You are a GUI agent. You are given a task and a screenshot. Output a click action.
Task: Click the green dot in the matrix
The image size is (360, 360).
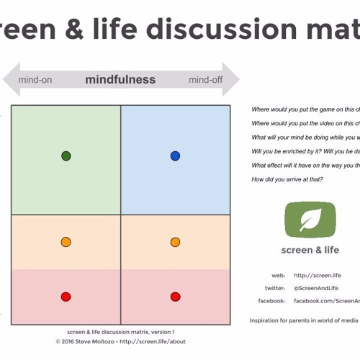click(66, 156)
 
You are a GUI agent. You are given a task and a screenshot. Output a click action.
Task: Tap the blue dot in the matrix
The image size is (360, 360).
click(175, 156)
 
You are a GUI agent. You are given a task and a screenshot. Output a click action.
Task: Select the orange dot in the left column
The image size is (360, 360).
click(66, 243)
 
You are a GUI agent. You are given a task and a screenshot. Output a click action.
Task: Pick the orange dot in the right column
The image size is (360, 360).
click(175, 243)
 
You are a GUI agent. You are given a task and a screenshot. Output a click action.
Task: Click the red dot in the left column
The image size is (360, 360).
click(66, 297)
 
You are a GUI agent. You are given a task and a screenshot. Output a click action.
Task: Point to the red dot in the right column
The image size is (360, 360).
click(175, 297)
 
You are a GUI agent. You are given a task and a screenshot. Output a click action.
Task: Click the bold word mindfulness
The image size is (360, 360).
click(120, 80)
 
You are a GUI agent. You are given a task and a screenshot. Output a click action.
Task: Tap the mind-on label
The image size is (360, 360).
click(35, 80)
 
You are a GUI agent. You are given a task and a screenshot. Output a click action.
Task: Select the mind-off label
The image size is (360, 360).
click(205, 80)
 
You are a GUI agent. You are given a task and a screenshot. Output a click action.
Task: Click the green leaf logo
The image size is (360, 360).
click(310, 220)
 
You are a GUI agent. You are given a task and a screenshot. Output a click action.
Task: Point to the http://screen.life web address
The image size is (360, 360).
click(317, 275)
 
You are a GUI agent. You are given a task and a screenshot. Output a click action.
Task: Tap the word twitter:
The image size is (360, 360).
click(274, 288)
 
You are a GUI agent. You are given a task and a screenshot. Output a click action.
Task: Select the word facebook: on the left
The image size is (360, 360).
click(271, 301)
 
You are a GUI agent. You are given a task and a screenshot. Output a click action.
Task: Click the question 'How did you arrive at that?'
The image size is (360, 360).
click(287, 179)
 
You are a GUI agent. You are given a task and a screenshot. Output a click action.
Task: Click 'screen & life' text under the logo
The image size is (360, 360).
click(310, 251)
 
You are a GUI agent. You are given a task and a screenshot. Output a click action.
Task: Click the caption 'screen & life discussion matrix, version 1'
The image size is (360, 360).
click(120, 333)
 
